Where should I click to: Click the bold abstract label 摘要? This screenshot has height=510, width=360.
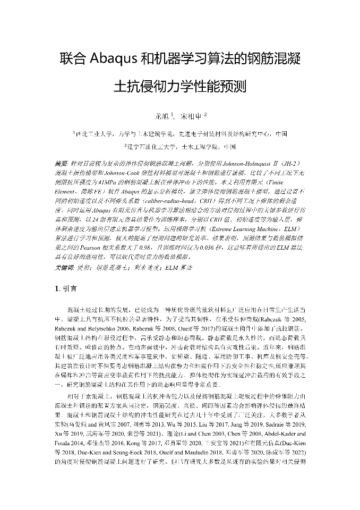(x=61, y=163)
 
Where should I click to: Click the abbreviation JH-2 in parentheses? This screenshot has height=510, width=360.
(x=290, y=163)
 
